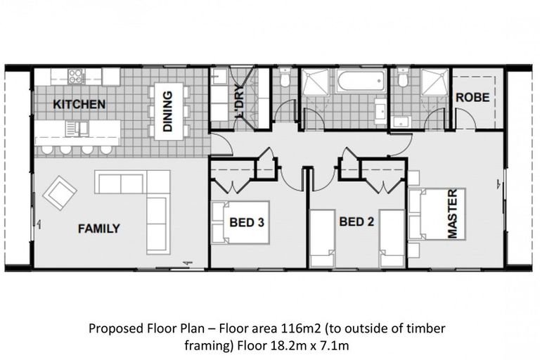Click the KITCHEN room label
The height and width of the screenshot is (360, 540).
79,105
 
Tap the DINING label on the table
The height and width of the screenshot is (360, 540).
167,112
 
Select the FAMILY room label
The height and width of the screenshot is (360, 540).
98,229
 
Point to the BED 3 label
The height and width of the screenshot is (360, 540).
247,223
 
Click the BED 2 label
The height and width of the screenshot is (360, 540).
356,223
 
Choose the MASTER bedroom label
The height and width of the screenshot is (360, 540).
452,214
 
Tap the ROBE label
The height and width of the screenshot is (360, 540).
472,98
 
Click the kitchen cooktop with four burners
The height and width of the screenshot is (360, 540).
76,76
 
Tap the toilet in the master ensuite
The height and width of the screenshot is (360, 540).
403,80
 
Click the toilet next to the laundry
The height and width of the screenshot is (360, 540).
284,80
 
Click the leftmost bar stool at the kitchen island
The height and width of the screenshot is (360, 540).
46,149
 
